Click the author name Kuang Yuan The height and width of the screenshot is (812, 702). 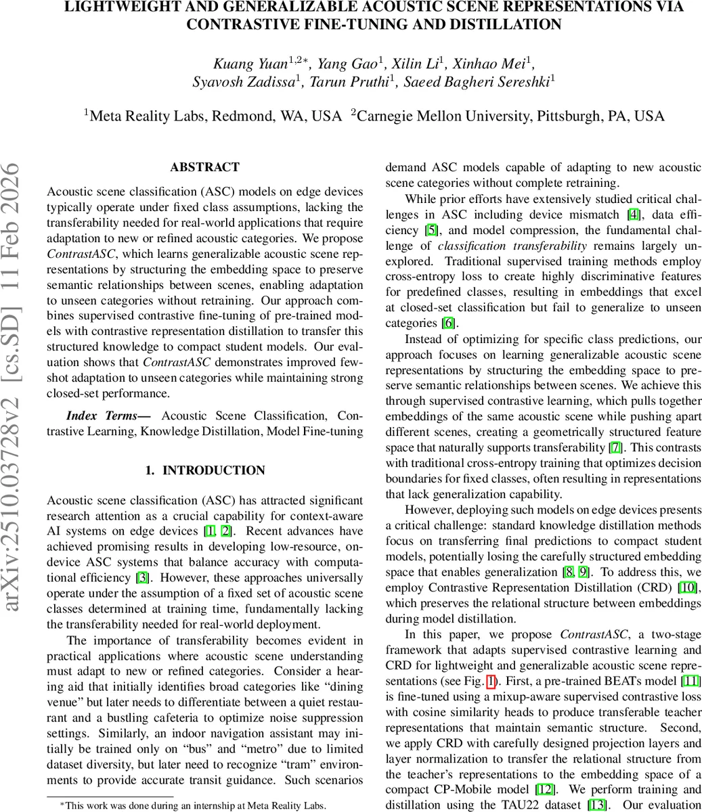(x=250, y=64)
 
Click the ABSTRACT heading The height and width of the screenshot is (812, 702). (x=204, y=167)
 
